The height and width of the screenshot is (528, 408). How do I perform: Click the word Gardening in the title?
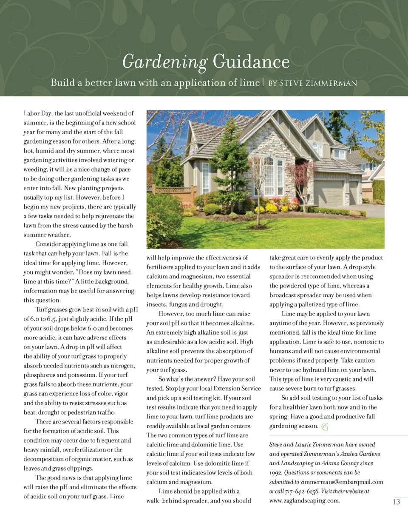point(164,62)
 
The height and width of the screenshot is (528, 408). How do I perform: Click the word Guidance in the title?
point(251,62)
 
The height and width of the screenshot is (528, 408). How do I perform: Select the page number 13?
point(396,502)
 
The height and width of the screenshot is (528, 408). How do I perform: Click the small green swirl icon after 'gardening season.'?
point(325,427)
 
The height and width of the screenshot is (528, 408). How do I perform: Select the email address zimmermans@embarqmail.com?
point(342,482)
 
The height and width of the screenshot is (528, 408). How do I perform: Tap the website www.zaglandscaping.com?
point(304,500)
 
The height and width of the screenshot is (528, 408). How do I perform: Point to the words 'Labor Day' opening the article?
point(37,113)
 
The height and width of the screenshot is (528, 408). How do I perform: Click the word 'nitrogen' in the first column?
point(122,366)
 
